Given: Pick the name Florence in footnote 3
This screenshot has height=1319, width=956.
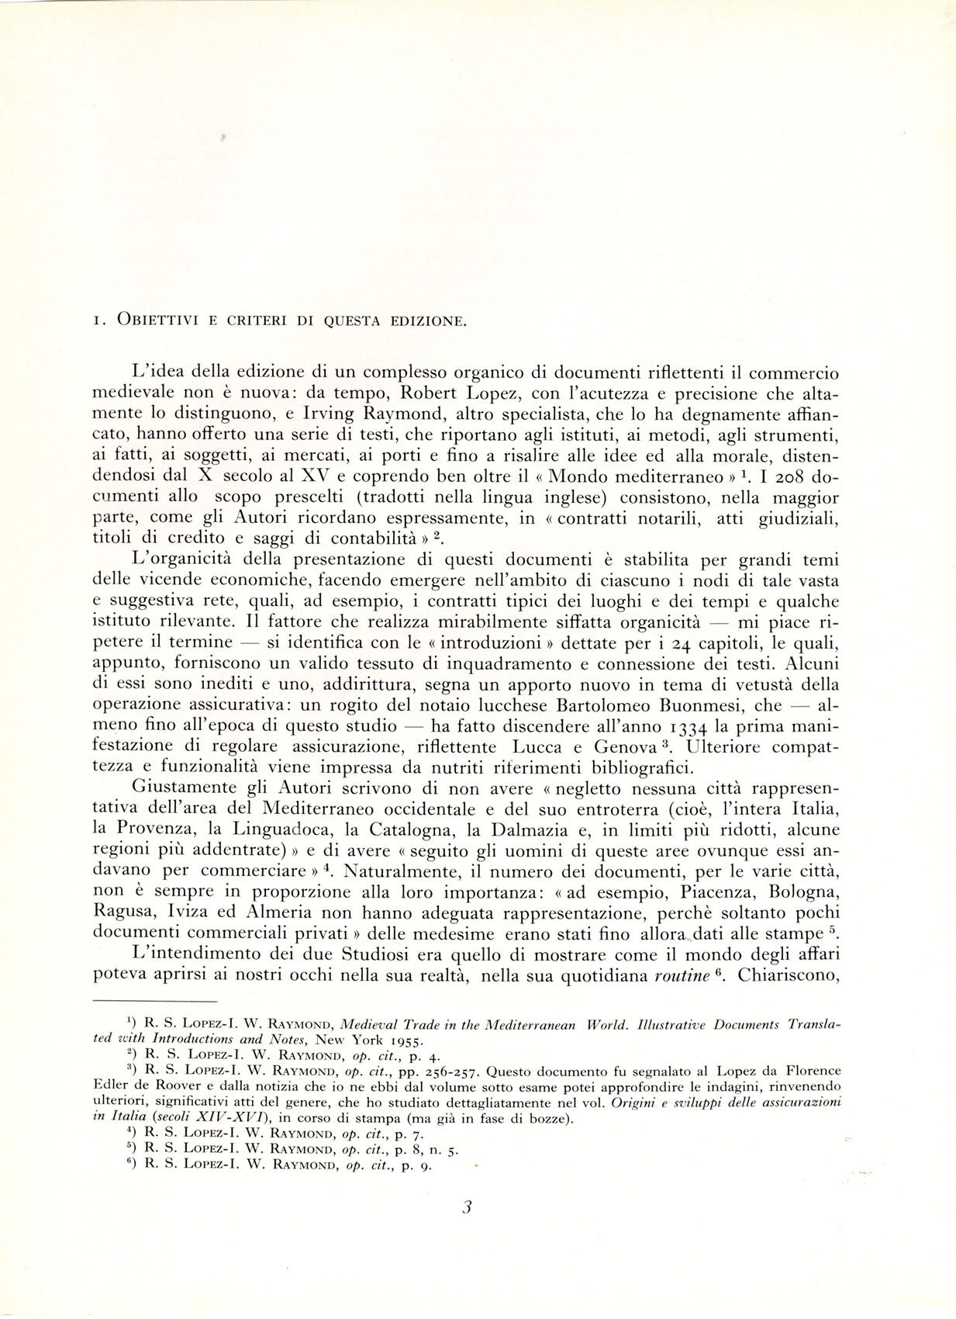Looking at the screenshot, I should (x=806, y=1075).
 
